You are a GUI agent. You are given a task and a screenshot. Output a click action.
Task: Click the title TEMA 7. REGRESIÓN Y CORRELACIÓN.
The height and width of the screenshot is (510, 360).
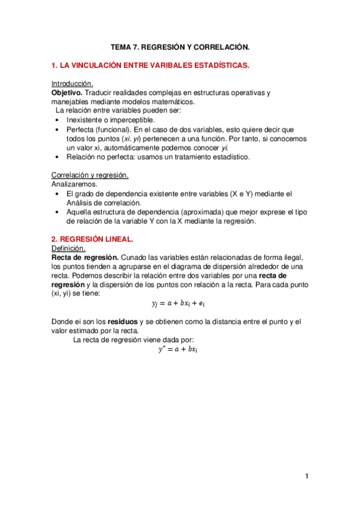[x=180, y=46]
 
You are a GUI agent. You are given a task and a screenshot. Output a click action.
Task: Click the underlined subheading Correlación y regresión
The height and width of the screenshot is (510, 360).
[x=90, y=175]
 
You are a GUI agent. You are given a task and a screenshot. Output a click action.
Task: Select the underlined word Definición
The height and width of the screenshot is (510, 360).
[x=69, y=248]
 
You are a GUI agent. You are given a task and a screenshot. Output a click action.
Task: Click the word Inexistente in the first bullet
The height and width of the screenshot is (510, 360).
[x=86, y=120]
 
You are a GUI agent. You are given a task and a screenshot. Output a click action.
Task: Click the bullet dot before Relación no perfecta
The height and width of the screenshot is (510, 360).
[x=56, y=157]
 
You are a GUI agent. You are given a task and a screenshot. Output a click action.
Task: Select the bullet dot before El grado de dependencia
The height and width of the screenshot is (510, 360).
[x=56, y=194]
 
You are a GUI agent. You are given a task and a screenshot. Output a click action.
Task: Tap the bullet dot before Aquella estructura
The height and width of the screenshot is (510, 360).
[x=56, y=212]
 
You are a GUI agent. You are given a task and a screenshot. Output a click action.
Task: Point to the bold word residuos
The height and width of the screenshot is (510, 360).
[x=124, y=321]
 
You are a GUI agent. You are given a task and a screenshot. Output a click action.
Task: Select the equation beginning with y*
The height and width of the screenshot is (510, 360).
[x=178, y=349]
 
